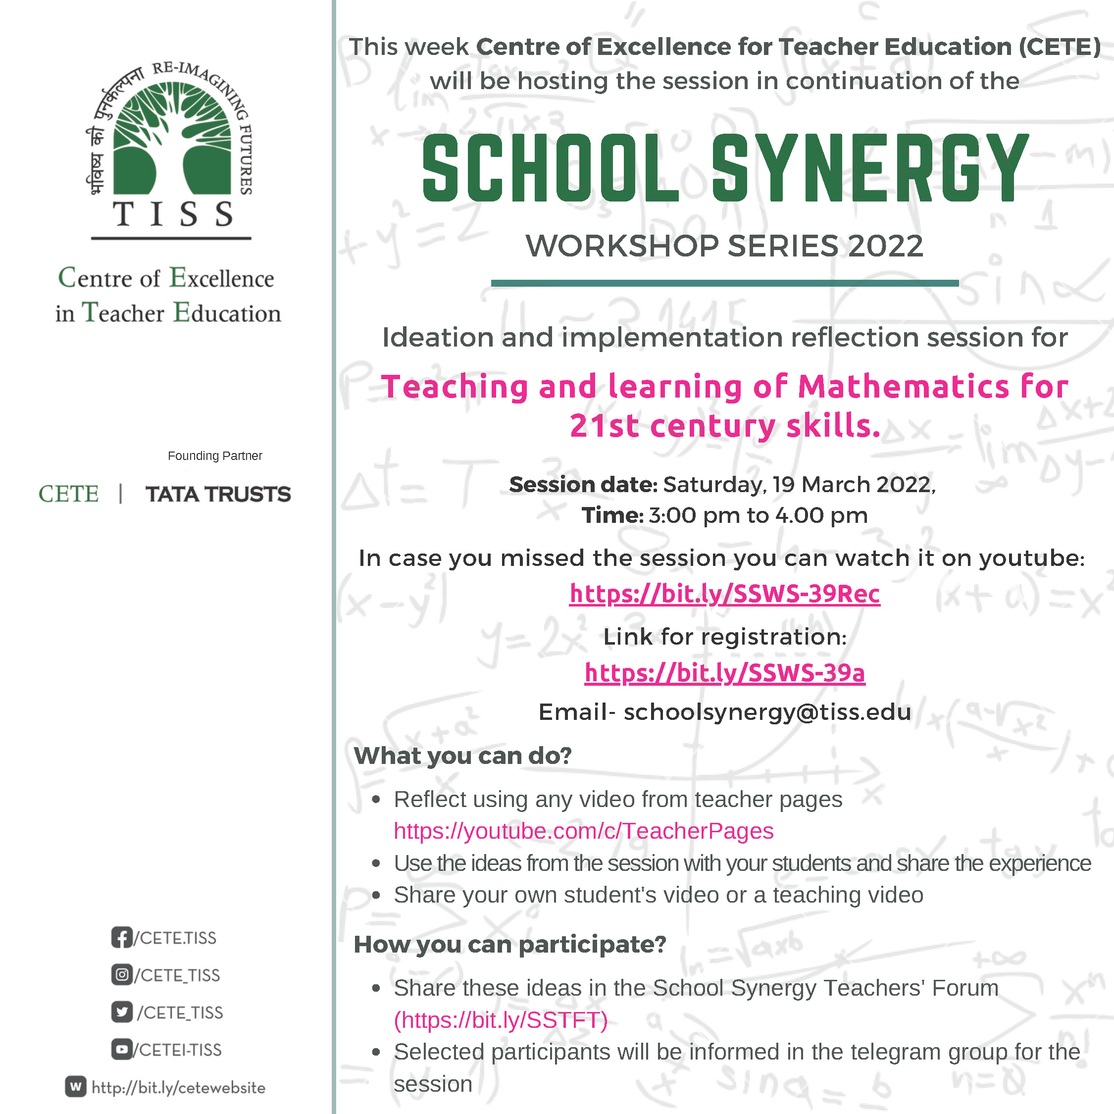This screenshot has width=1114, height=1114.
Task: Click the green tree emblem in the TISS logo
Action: (171, 139)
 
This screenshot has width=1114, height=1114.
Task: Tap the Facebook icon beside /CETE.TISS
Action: (122, 938)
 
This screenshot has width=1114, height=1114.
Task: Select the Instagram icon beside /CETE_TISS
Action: (122, 975)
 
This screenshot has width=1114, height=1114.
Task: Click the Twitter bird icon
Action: (122, 1012)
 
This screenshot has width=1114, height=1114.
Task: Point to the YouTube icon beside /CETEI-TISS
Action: (122, 1050)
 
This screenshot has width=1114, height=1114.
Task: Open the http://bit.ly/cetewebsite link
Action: (178, 1087)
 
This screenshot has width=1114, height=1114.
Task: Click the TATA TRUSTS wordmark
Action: (218, 494)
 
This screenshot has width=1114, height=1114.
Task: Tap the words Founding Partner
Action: (214, 456)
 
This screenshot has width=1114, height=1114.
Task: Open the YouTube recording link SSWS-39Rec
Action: (724, 593)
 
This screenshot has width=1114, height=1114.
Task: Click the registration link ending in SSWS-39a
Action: (724, 672)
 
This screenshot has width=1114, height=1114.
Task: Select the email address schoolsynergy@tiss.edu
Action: (767, 712)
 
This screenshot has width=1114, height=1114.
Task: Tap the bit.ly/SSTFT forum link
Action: (501, 1020)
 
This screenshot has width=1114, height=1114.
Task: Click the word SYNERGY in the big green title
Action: (869, 168)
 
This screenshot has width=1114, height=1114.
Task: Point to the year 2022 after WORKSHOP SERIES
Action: (885, 246)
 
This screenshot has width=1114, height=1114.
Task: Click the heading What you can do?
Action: (462, 756)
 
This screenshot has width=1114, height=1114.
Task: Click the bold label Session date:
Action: (582, 485)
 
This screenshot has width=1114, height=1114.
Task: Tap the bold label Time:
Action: (612, 515)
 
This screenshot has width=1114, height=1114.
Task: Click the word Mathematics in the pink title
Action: (903, 386)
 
